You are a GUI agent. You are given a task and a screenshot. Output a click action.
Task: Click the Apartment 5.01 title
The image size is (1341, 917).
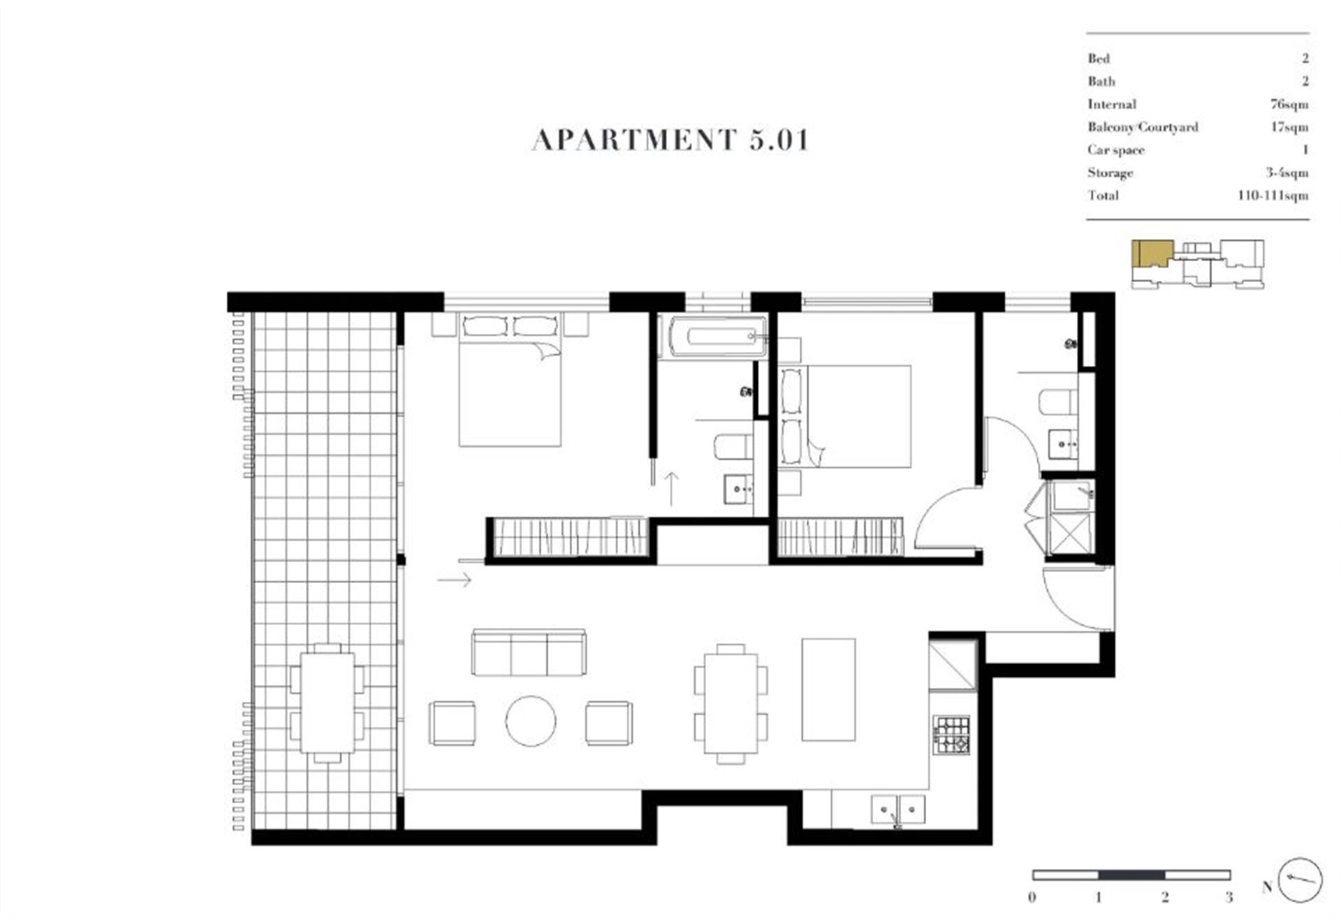670,140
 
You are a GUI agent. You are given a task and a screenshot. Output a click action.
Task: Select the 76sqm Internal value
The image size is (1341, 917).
1289,105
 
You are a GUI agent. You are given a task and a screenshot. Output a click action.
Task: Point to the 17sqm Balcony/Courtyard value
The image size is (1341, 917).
1289,127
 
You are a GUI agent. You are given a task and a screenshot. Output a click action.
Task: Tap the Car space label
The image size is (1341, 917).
1115,150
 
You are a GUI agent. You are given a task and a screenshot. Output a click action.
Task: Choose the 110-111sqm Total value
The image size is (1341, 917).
1273,196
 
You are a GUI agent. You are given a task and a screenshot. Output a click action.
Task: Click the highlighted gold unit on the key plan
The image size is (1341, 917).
1152,252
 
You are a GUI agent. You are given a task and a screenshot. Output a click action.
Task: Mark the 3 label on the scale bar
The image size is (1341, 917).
1229,897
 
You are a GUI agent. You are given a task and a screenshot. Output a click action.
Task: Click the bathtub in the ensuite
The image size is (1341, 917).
712,337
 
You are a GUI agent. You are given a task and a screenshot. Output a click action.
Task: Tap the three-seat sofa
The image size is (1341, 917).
529,652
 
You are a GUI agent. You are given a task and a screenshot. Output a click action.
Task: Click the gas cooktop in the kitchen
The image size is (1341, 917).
952,735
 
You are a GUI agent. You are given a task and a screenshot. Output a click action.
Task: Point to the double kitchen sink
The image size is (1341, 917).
898,809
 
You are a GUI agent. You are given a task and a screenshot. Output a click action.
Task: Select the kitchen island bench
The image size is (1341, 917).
828,689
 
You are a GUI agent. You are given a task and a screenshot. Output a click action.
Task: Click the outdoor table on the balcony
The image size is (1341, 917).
328,703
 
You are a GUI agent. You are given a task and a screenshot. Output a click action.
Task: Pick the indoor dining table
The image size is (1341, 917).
731,703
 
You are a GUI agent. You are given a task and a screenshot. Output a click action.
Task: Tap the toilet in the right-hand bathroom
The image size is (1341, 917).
1058,402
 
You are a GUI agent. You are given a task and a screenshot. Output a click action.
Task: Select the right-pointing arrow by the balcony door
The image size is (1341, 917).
455,579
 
